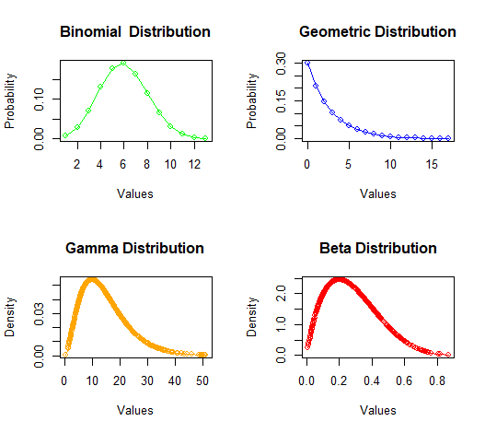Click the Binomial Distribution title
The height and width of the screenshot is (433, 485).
[x=135, y=32]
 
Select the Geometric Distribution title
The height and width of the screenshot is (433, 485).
[x=377, y=32]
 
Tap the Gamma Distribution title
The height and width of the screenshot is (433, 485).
[x=135, y=249]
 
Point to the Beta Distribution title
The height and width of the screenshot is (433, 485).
[x=378, y=249]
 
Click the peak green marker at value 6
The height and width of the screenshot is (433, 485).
[x=123, y=63]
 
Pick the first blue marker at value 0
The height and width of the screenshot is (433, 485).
[x=307, y=63]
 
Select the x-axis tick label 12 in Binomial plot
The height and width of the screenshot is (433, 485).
[x=194, y=164]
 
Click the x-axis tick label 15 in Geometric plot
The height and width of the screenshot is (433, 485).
[x=432, y=164]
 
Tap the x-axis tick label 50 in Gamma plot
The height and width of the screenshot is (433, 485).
[x=202, y=380]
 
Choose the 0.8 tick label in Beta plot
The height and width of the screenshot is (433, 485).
[x=437, y=380]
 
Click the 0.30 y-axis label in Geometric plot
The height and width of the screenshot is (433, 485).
[x=282, y=64]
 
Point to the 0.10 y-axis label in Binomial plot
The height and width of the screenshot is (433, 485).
[x=39, y=99]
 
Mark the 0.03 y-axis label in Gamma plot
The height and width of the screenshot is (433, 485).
[x=39, y=314]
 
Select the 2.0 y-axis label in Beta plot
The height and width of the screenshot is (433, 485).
[x=282, y=293]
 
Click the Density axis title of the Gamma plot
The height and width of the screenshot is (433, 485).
[x=9, y=317]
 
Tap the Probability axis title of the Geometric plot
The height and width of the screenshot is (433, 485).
[x=252, y=101]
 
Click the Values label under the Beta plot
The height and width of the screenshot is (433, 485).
[x=378, y=410]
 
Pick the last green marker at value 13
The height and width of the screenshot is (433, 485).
[x=205, y=138]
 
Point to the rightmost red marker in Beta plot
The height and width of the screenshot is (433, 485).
[x=448, y=355]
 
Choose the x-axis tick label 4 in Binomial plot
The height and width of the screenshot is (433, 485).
[x=99, y=164]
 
